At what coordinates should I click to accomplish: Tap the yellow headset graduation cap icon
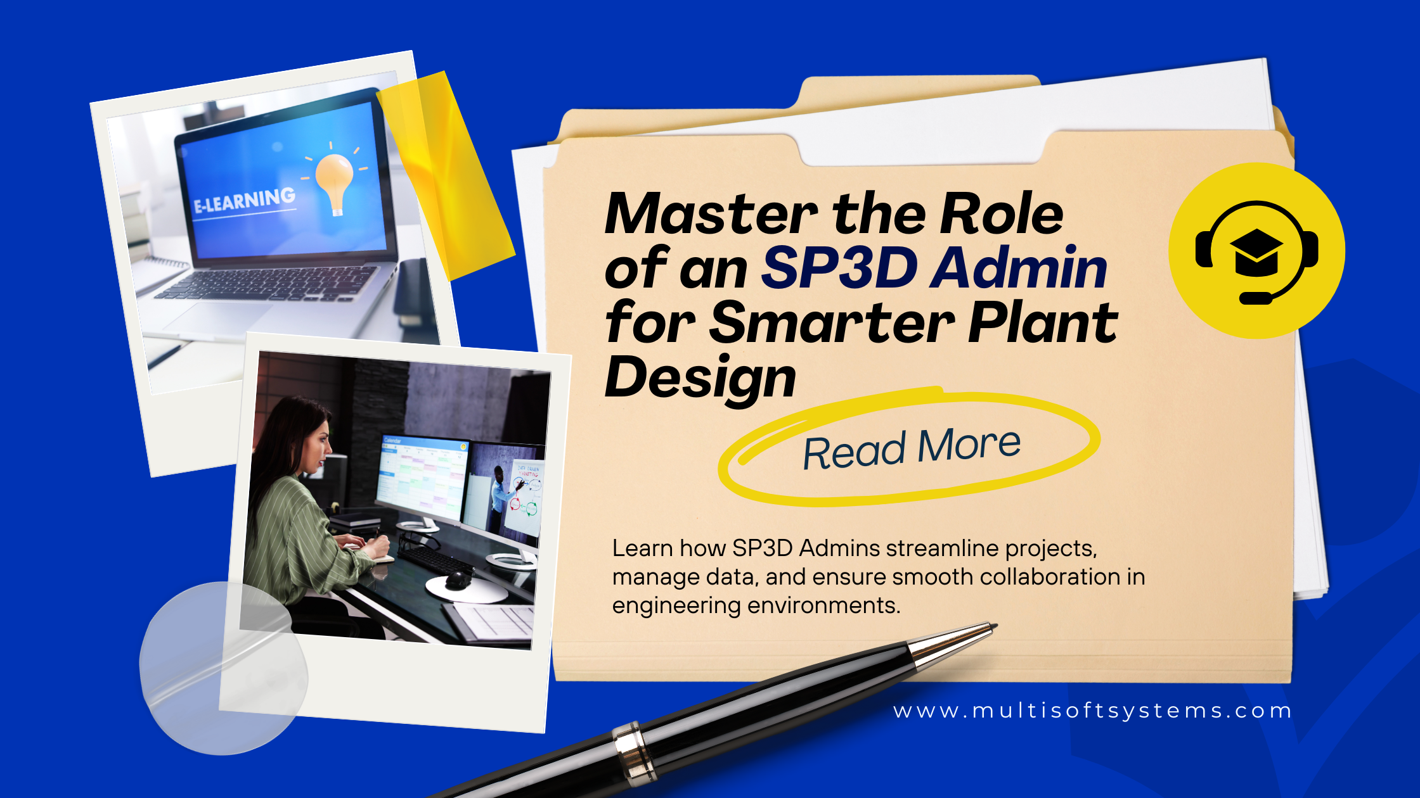1256,251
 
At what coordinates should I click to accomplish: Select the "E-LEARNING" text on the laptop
244,199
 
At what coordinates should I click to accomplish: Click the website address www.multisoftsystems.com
1092,711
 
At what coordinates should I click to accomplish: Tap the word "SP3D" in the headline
839,267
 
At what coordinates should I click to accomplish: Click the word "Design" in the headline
700,378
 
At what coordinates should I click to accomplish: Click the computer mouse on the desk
458,579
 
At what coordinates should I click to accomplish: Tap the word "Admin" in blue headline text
1018,267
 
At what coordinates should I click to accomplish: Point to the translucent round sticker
223,668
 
